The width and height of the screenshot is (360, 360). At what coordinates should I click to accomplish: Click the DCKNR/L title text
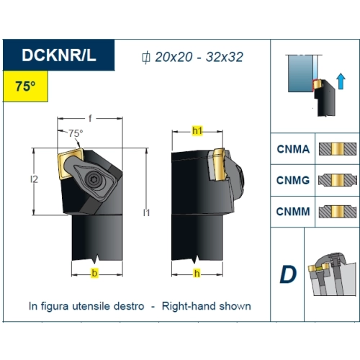pyautogui.click(x=59, y=55)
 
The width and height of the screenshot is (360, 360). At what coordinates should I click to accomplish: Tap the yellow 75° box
pyautogui.click(x=25, y=86)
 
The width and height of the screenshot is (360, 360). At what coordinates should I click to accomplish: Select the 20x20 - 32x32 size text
pyautogui.click(x=199, y=57)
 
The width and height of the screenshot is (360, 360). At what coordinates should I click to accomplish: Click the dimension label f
pyautogui.click(x=90, y=118)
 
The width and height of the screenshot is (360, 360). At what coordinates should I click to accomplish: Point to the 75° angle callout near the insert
pyautogui.click(x=76, y=133)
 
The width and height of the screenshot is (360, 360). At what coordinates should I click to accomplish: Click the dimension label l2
pyautogui.click(x=34, y=179)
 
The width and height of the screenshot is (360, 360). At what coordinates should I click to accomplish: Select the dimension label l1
pyautogui.click(x=146, y=212)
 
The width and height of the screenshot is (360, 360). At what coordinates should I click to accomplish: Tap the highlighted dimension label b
pyautogui.click(x=94, y=273)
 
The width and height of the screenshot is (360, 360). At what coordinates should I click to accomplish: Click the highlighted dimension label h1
pyautogui.click(x=197, y=130)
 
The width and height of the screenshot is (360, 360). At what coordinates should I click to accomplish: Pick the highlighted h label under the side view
pyautogui.click(x=197, y=274)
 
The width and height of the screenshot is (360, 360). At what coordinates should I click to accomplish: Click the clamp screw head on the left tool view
pyautogui.click(x=93, y=179)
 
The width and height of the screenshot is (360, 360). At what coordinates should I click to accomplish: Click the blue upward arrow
pyautogui.click(x=341, y=81)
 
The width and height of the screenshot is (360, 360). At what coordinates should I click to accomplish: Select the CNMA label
pyautogui.click(x=293, y=149)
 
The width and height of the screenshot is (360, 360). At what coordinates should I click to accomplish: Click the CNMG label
pyautogui.click(x=293, y=180)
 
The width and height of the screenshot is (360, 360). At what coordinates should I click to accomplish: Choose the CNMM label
pyautogui.click(x=293, y=212)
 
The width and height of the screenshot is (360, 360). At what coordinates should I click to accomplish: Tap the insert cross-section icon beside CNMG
pyautogui.click(x=338, y=180)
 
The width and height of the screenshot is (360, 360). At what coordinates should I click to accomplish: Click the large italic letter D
pyautogui.click(x=288, y=274)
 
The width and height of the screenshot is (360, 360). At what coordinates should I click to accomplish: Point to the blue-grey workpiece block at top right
pyautogui.click(x=300, y=73)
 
